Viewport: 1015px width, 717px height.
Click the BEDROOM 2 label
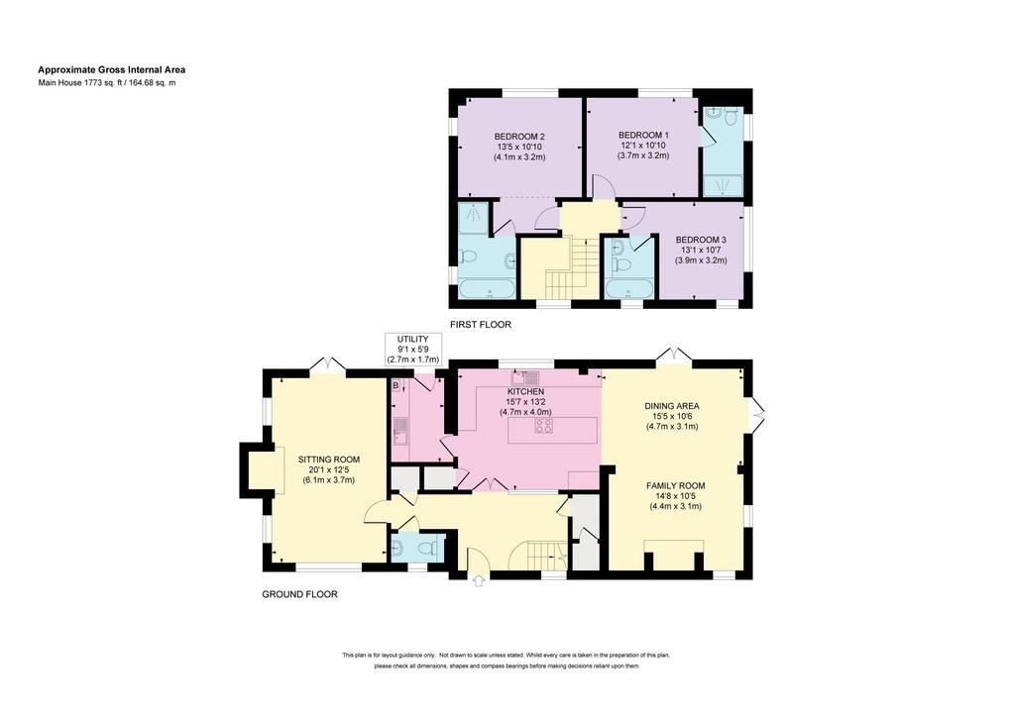pyautogui.click(x=519, y=137)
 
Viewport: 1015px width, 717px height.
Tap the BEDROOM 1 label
pyautogui.click(x=643, y=135)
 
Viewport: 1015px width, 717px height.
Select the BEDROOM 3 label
pyautogui.click(x=701, y=240)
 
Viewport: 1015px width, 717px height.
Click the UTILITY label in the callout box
pyautogui.click(x=413, y=340)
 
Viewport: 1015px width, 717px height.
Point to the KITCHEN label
pyautogui.click(x=525, y=392)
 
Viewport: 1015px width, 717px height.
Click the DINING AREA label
pyautogui.click(x=672, y=406)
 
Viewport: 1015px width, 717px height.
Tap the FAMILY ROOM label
pyautogui.click(x=676, y=485)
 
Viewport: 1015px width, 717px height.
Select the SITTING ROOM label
pyautogui.click(x=329, y=460)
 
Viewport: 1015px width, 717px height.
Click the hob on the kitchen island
pyautogui.click(x=544, y=426)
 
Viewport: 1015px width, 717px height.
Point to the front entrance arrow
pyautogui.click(x=479, y=580)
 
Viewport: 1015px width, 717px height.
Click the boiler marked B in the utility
pyautogui.click(x=395, y=386)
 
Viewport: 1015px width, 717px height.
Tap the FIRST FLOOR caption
pyautogui.click(x=481, y=325)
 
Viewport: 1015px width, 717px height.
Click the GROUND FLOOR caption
pyautogui.click(x=299, y=594)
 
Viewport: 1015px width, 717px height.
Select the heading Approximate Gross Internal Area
pyautogui.click(x=112, y=70)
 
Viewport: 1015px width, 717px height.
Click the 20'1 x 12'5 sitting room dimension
pyautogui.click(x=329, y=470)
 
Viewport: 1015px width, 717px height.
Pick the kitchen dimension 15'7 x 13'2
pyautogui.click(x=525, y=401)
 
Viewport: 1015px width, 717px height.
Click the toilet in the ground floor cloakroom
pyautogui.click(x=427, y=549)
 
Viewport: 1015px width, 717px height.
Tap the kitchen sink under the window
pyautogui.click(x=524, y=375)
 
